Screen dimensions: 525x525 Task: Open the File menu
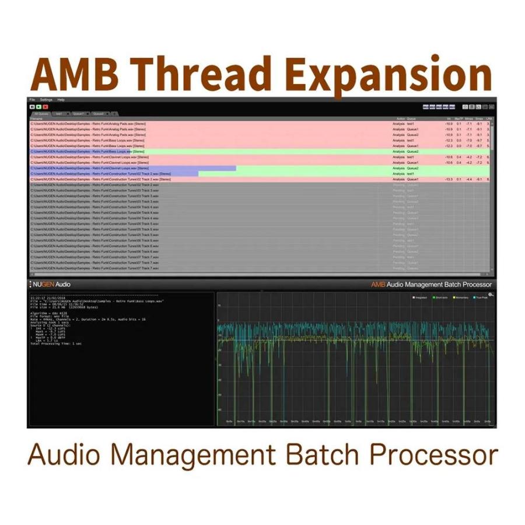[33, 100]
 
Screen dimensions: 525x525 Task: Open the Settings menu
[46, 100]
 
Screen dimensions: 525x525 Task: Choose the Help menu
[61, 100]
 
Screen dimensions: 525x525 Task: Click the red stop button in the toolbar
[45, 107]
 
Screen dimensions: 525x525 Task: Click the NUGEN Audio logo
[51, 284]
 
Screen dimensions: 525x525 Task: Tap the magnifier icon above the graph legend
[491, 293]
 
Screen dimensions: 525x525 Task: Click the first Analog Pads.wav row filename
[87, 124]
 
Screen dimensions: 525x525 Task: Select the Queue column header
[411, 118]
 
